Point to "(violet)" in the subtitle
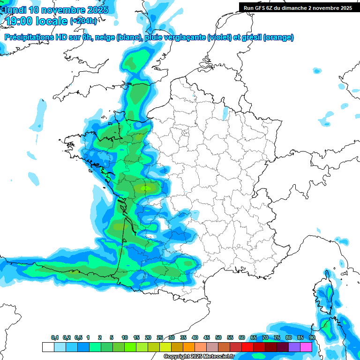pos(220,37)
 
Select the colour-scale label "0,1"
pos(55,338)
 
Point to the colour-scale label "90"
pos(312,338)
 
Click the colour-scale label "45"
pos(207,338)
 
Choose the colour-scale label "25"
pos(160,338)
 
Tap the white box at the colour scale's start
pos(48,347)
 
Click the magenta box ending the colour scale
pos(306,347)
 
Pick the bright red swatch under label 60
pos(247,347)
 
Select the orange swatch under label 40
pos(189,347)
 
